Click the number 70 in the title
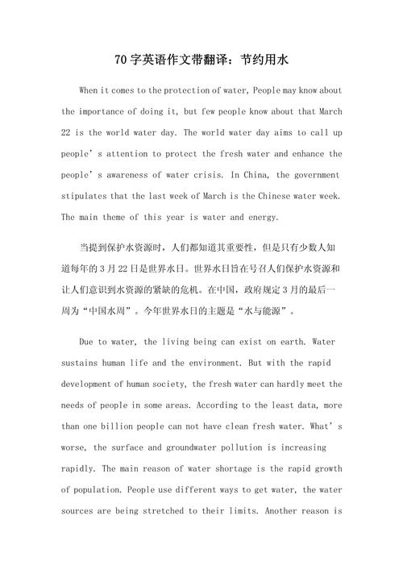point(121,60)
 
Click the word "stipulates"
point(87,195)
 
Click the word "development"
point(92,384)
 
